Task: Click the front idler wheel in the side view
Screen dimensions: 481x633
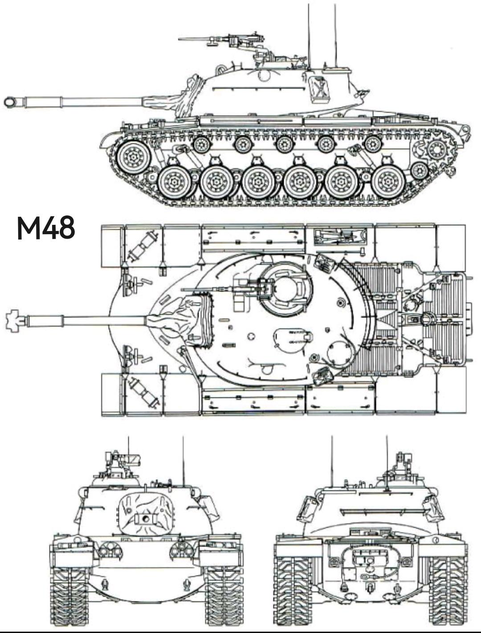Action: click(x=133, y=157)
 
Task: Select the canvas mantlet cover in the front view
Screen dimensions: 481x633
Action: click(x=144, y=516)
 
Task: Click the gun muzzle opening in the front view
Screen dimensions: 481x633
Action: click(x=144, y=519)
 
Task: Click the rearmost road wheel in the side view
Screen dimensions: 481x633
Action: click(x=388, y=182)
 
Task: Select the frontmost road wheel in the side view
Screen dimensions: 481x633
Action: click(x=174, y=182)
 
